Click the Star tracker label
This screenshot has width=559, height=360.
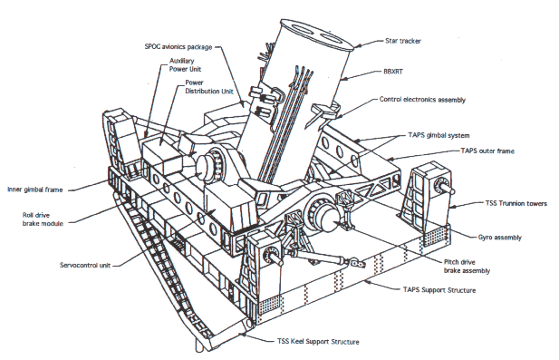pos(403,41)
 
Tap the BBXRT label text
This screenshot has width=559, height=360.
pos(393,72)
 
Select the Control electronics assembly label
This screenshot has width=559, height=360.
pos(422,100)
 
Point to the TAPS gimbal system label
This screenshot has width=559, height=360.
pos(439,136)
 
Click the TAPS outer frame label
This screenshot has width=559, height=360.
pos(487,151)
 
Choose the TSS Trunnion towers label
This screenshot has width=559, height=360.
pos(516,203)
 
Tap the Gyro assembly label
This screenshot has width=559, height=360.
pos(500,238)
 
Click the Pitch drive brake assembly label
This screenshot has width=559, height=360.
pos(467,267)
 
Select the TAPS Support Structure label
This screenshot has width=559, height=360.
pos(439,289)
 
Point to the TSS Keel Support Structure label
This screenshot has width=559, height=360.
pos(318,342)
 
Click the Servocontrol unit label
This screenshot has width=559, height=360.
pos(85,265)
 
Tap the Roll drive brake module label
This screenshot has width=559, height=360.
pos(43,219)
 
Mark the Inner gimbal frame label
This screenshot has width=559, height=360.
pos(35,190)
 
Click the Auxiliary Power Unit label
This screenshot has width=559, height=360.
pos(185,65)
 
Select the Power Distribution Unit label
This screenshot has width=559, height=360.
pos(209,87)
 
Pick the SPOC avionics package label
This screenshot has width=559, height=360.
pos(178,47)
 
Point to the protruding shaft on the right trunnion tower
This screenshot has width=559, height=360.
pos(447,188)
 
